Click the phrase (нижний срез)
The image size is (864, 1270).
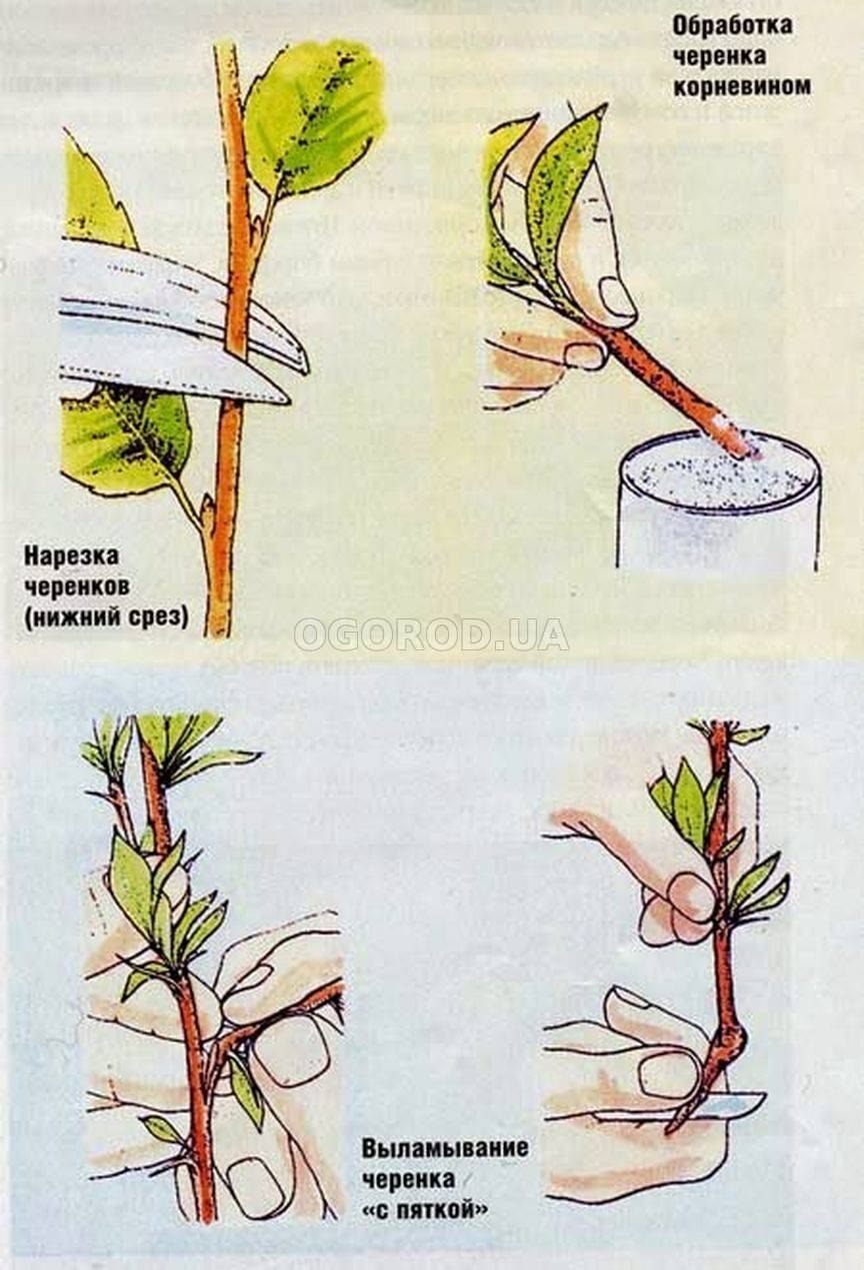[x=106, y=614]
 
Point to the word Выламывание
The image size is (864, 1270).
[x=445, y=1147]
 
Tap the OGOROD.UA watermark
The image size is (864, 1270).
[x=431, y=634]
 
